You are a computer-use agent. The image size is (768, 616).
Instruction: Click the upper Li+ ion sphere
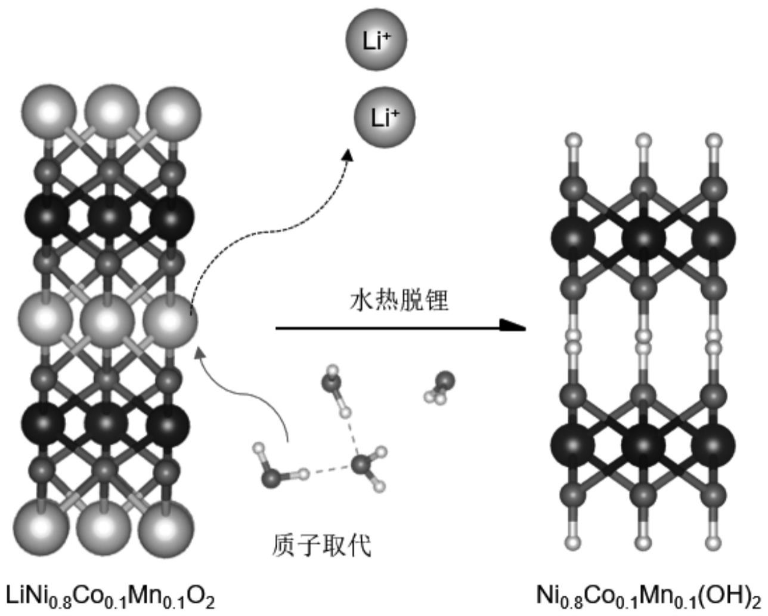point(376,39)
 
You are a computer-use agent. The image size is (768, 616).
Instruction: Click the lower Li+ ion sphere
point(384,116)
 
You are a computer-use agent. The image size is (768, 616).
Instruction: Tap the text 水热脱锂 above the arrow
point(399,300)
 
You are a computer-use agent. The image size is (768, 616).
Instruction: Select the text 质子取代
point(321,544)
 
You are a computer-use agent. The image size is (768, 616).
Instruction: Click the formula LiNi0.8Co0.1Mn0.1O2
point(110,596)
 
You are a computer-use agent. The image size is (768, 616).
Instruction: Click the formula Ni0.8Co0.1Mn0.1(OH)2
point(648,596)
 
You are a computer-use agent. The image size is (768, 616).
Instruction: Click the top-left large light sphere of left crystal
point(49,112)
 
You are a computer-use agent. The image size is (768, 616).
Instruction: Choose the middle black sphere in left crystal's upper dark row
point(109,216)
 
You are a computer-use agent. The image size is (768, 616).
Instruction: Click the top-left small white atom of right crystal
point(574,141)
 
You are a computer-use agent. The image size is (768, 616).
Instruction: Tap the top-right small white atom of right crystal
point(714,141)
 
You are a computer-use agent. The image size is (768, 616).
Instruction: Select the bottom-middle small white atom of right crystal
point(643,543)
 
